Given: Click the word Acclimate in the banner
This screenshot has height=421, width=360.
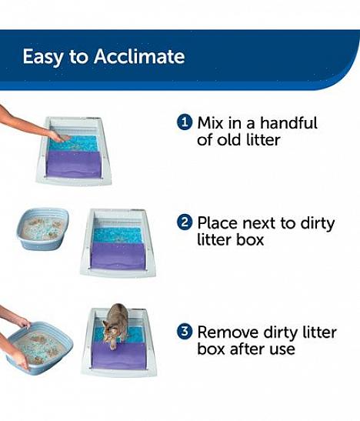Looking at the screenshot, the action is (x=139, y=56).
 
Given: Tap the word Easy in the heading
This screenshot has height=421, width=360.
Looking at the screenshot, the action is (x=42, y=57).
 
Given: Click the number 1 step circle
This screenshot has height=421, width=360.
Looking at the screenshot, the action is (x=185, y=122).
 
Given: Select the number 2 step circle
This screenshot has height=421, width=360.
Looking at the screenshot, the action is (x=185, y=222).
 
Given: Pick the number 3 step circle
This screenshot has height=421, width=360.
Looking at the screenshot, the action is (x=185, y=332).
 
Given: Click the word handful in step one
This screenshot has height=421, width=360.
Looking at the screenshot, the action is (x=288, y=122).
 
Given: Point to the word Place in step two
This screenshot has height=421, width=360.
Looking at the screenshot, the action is (x=218, y=223).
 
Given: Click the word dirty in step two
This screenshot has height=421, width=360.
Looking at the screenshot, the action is (x=318, y=224).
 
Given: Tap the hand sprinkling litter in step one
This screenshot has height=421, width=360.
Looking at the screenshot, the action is (x=59, y=136).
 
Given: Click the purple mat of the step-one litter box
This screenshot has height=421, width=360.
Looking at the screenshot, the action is (x=74, y=164).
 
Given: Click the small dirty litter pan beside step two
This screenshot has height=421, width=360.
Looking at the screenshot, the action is (x=43, y=229).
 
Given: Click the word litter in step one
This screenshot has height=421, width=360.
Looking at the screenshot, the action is (x=263, y=140).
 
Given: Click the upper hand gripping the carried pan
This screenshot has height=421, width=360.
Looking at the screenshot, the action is (x=24, y=322).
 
